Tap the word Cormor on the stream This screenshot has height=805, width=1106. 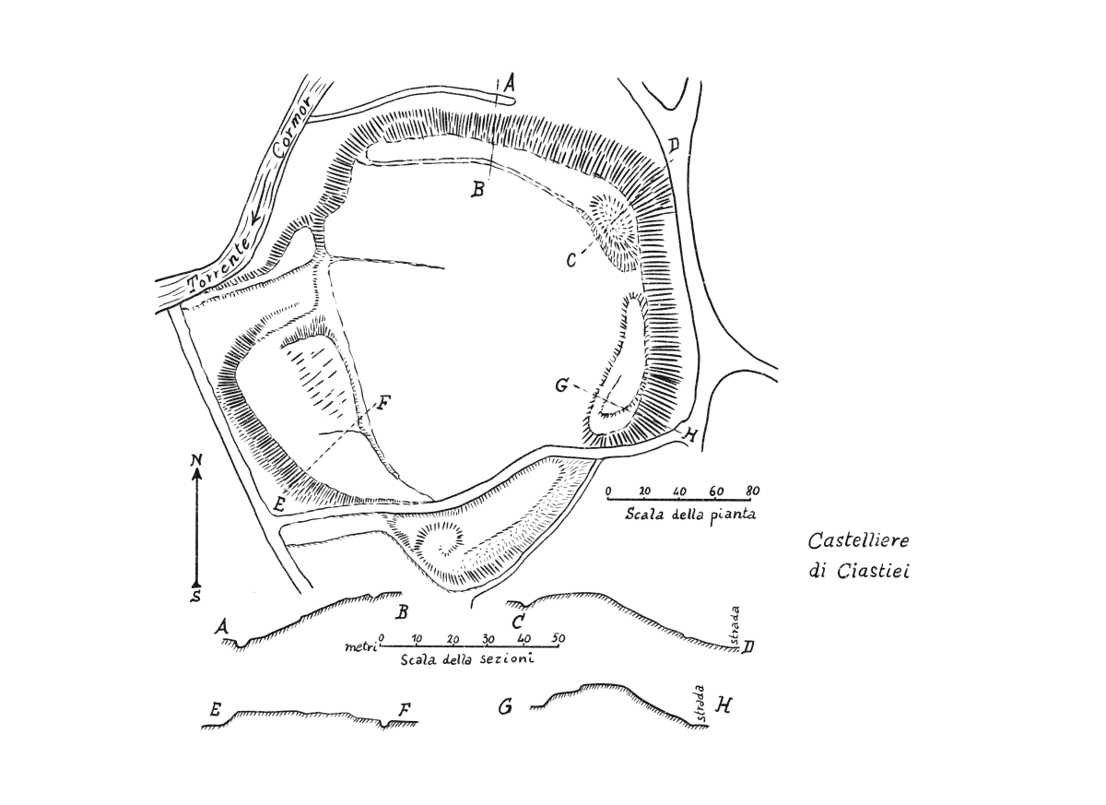pyautogui.click(x=292, y=128)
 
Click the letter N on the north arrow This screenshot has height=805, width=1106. pyautogui.click(x=197, y=460)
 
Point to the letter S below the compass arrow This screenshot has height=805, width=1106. pyautogui.click(x=196, y=596)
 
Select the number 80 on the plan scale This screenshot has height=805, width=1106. pyautogui.click(x=752, y=491)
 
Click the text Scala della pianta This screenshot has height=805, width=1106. pyautogui.click(x=690, y=515)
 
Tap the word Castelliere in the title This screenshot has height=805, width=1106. pyautogui.click(x=859, y=540)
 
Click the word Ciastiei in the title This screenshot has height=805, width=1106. pyautogui.click(x=873, y=572)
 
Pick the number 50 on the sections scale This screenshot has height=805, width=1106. pyautogui.click(x=559, y=638)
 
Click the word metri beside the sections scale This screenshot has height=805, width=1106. pyautogui.click(x=361, y=646)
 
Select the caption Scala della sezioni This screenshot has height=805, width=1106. pyautogui.click(x=467, y=659)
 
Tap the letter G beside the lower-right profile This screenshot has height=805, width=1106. pyautogui.click(x=505, y=707)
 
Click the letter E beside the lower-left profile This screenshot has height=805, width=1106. pyautogui.click(x=215, y=711)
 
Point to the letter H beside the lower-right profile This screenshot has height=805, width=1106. pyautogui.click(x=724, y=704)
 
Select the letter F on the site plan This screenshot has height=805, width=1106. pyautogui.click(x=383, y=403)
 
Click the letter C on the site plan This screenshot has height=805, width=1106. pyautogui.click(x=571, y=260)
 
